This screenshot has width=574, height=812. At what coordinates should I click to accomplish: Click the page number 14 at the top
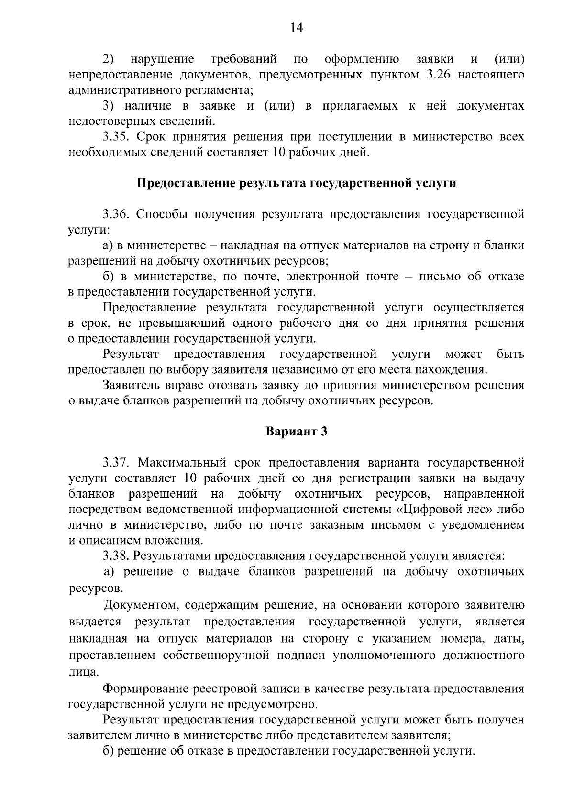(296, 28)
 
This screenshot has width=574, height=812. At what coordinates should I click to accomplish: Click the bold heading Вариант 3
(296, 432)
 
